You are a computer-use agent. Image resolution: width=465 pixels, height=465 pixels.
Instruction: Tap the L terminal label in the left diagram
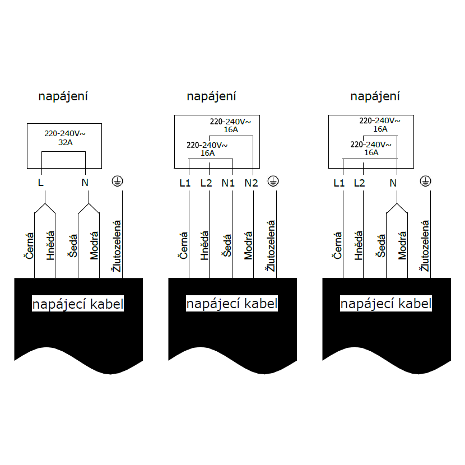pos(40,183)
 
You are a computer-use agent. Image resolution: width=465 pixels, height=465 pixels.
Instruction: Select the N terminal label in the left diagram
pos(85,183)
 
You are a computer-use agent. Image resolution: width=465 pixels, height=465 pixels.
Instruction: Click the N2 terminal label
pos(252,183)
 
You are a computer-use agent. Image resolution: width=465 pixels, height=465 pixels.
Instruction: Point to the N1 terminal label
pos(228,183)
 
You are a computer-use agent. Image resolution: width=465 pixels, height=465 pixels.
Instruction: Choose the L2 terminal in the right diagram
pos(359,183)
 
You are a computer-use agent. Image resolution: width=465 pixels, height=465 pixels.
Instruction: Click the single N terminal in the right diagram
pos(393,183)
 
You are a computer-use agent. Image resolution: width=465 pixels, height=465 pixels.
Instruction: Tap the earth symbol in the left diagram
pos(118,181)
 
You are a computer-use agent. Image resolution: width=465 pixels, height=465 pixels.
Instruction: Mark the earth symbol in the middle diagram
pos(272,181)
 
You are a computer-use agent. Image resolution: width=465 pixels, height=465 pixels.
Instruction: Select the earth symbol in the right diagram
pos(426,181)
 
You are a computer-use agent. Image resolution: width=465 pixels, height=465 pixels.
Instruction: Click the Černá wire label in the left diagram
pos(29,247)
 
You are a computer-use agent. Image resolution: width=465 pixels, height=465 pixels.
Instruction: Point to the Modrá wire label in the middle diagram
pos(248,245)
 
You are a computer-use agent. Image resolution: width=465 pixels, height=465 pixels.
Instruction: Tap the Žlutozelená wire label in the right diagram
pos(425,246)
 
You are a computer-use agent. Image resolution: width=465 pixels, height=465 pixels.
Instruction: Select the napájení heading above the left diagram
pos(63,96)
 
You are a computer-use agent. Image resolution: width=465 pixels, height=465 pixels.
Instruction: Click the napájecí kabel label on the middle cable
pos(232,304)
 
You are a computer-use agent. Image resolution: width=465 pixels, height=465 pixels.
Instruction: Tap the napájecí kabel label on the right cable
pos(386,304)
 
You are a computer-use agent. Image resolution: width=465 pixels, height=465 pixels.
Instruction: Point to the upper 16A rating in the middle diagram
pos(231,129)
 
